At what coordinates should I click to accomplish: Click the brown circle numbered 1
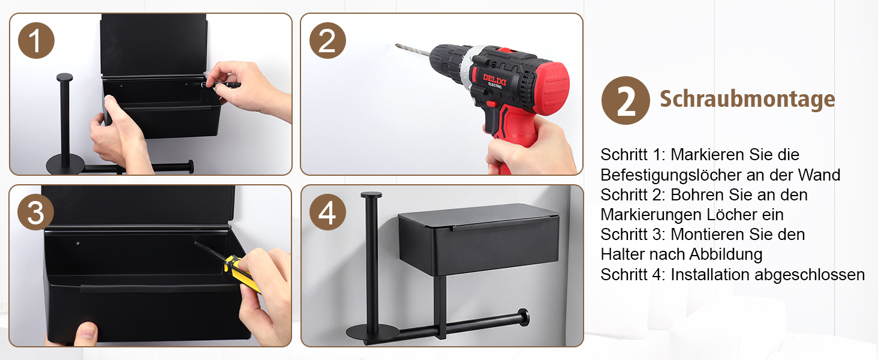[x=36, y=40]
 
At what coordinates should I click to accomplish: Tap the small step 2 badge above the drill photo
[x=327, y=40]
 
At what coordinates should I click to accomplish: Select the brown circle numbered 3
[x=35, y=212]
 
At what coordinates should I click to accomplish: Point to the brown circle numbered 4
[x=327, y=212]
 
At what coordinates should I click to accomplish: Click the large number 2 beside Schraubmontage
[x=626, y=100]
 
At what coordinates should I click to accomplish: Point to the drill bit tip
[x=396, y=46]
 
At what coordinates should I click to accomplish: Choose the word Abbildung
[x=726, y=254]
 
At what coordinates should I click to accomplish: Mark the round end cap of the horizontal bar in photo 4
[x=523, y=317]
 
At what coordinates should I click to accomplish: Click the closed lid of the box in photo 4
[x=479, y=216]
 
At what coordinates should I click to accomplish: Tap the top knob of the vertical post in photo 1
[x=65, y=77]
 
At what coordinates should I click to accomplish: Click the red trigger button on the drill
[x=492, y=104]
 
